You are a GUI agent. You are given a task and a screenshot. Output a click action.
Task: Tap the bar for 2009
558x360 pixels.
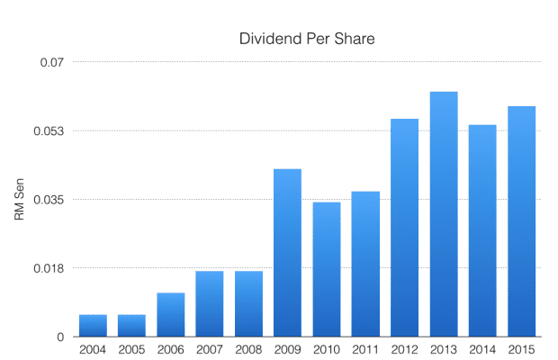(287, 253)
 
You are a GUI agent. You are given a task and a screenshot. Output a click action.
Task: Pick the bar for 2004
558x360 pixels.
(93, 326)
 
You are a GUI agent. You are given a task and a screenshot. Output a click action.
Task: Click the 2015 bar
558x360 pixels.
(522, 221)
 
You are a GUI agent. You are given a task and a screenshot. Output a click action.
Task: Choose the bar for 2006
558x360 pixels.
(171, 315)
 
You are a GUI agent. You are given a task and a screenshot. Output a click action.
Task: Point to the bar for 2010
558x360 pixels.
(327, 269)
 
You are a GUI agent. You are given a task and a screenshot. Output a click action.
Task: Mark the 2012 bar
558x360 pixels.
(405, 228)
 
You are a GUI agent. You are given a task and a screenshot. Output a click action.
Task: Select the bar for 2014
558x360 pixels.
(482, 230)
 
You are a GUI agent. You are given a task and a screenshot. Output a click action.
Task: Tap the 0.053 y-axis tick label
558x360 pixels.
(49, 131)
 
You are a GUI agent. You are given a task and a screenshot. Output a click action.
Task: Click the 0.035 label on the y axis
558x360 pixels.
(49, 200)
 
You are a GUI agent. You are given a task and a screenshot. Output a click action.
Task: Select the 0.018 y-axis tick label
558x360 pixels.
(49, 268)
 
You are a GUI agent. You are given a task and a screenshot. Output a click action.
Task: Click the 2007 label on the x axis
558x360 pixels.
(210, 349)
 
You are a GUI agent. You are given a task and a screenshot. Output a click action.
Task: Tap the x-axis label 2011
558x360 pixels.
(365, 349)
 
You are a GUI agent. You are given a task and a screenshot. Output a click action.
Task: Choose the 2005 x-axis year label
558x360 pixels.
(131, 349)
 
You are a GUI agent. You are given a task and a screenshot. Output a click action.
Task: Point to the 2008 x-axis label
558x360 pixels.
(248, 349)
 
